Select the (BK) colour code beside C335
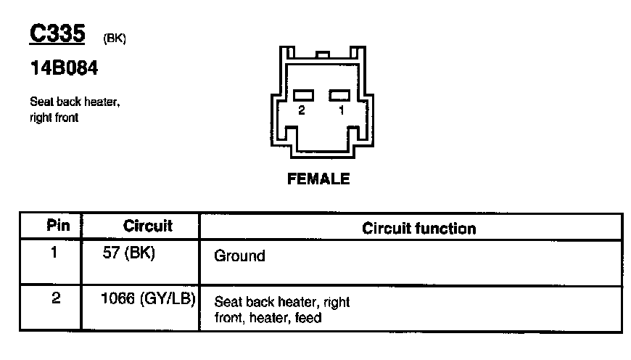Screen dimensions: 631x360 tap(115, 39)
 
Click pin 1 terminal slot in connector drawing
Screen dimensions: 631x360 tap(339, 95)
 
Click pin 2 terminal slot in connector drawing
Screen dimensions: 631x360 tap(303, 95)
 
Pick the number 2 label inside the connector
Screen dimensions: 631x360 tap(302, 110)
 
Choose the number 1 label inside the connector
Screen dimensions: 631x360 tap(340, 110)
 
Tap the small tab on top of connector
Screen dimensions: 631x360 tap(324, 54)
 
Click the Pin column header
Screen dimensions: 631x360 tap(58, 226)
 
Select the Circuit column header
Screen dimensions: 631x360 tap(148, 226)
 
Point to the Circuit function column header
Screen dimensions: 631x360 tap(419, 229)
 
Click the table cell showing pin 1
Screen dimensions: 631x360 tap(56, 254)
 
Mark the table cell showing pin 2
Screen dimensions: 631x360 tap(56, 298)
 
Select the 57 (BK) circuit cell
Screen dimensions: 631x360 tap(130, 255)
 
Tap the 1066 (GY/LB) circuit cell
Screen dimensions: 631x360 tap(149, 298)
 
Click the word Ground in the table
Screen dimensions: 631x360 tap(240, 256)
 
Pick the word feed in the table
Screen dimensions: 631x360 tap(308, 318)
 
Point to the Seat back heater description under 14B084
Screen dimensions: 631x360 tap(75, 102)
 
